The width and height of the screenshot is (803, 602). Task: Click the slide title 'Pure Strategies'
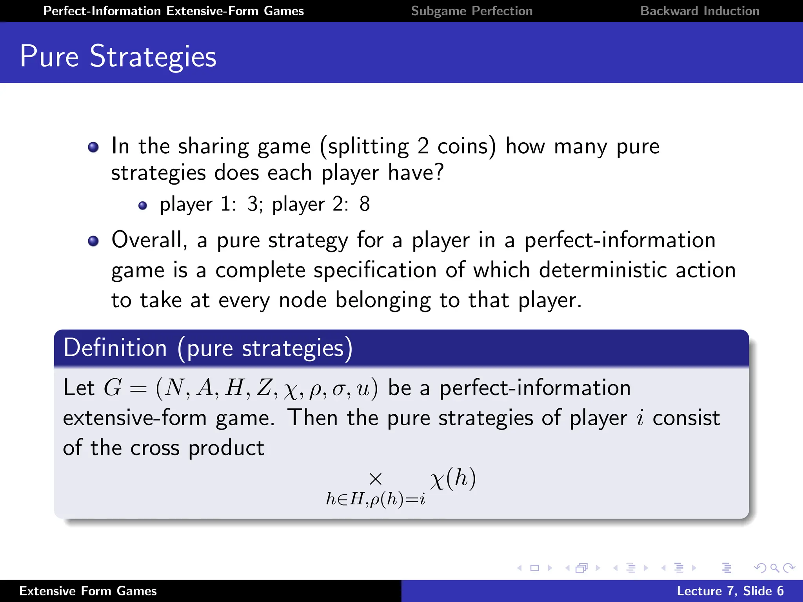pos(118,56)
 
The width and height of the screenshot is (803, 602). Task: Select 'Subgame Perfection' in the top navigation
pos(472,11)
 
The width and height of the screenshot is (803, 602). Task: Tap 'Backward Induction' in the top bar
pos(700,11)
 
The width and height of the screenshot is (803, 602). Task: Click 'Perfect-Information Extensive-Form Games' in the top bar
pos(173,11)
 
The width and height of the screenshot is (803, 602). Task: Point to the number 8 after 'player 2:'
pos(365,204)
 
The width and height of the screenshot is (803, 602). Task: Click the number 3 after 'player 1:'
pos(253,204)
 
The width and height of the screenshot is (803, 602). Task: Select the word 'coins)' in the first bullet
pos(467,147)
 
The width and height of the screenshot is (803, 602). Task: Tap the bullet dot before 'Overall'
pos(93,241)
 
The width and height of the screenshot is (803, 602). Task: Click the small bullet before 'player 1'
pos(143,205)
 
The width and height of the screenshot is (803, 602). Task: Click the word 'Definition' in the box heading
pos(115,348)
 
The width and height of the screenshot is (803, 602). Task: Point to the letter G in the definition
pos(113,388)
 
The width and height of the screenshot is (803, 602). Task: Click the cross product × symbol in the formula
pos(375,479)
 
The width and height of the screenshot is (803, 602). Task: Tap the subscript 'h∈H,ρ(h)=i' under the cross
pos(375,499)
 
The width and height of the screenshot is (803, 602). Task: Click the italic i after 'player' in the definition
pos(640,418)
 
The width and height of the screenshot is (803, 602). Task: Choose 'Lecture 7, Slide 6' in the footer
pos(730,591)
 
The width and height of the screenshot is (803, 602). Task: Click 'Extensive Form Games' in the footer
pos(88,591)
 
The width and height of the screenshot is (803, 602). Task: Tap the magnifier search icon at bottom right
pos(774,568)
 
